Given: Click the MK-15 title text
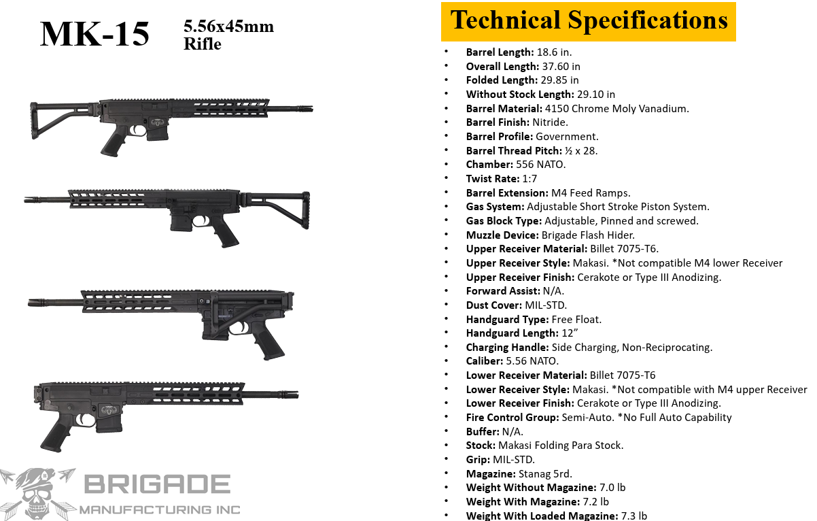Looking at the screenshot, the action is [94, 34].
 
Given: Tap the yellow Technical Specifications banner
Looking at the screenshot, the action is [589, 22].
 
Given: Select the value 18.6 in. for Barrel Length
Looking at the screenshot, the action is [554, 52].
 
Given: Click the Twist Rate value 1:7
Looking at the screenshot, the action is [529, 178].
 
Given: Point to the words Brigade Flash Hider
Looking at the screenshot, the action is [588, 235].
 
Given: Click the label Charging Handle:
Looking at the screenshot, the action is [507, 347].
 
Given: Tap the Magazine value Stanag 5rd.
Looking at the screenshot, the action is [545, 474].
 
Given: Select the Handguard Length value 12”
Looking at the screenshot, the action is [570, 333].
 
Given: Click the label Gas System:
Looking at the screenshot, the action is [495, 207].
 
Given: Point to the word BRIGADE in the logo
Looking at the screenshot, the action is [158, 484].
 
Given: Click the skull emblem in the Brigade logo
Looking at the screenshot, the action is [37, 494].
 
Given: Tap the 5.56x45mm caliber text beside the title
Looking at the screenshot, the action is [228, 27].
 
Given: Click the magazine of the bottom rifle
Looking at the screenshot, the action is [109, 424].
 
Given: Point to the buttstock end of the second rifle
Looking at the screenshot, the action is [306, 210].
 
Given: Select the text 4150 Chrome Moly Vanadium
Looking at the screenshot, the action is [616, 108].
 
